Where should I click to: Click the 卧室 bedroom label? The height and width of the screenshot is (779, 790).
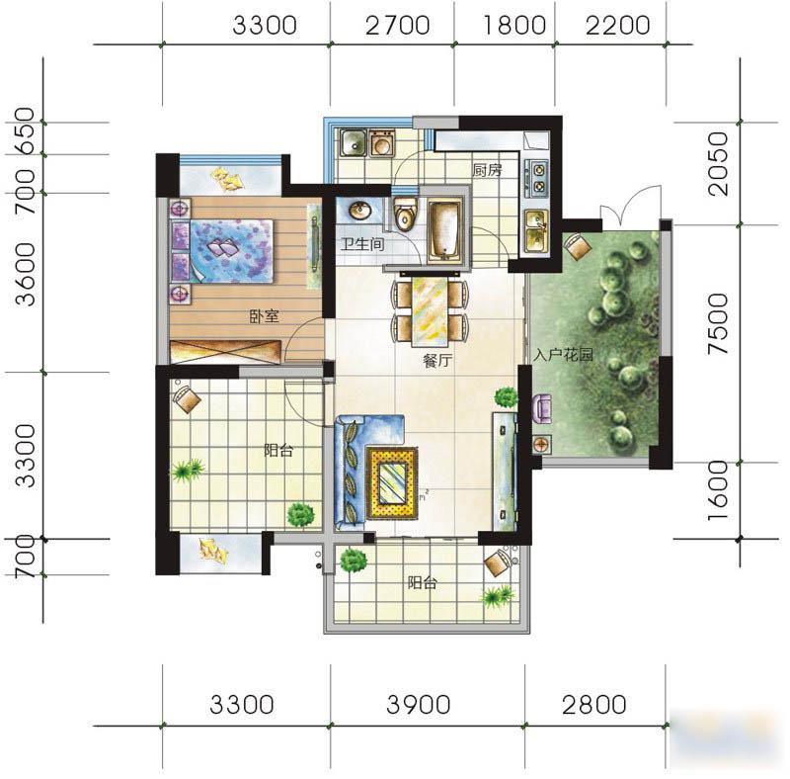coord(264,316)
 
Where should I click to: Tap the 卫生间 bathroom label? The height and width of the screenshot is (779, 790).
coord(362,245)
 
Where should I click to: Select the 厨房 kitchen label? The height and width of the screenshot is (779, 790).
coord(487,170)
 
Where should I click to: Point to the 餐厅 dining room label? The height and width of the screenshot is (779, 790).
coord(437,361)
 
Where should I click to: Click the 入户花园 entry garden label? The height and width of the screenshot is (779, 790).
coord(563,355)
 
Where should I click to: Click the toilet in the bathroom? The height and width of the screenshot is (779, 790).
coord(405,214)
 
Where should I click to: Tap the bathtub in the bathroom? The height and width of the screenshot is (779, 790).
coord(445,230)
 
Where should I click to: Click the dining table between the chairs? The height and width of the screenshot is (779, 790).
coord(430,311)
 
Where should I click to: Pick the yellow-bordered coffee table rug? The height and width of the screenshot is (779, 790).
coord(392,482)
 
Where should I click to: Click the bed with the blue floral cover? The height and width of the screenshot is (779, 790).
coord(223,251)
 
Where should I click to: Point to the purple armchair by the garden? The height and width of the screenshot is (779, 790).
coord(540,408)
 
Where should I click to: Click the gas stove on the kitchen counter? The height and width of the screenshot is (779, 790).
coord(538,178)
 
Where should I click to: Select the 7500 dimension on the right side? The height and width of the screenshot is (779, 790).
coord(718,323)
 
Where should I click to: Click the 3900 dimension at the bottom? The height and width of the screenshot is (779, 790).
coord(418,704)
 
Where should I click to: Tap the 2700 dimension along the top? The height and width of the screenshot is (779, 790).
coord(398,26)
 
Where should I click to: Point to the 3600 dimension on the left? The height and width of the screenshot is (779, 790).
coord(26,275)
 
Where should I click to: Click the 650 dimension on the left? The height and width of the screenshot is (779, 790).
coord(26,131)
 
